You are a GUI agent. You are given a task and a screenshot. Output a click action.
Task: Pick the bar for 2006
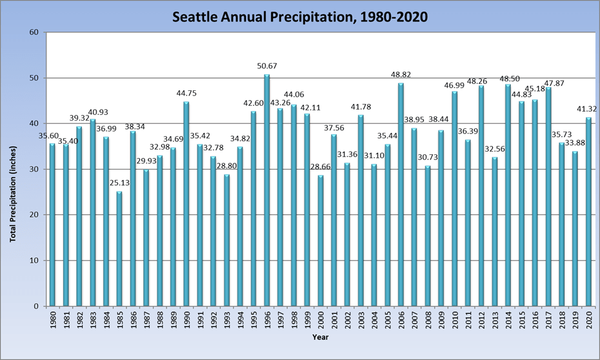pos(401,194)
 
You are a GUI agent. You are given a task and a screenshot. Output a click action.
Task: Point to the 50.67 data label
pos(266,66)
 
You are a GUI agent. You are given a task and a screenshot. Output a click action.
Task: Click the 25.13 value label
pos(119,183)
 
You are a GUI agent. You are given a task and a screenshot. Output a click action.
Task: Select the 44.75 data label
pos(186,94)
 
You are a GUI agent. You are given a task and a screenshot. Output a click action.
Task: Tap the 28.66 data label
pos(320,167)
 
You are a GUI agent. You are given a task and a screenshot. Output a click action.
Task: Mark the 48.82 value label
pos(401,75)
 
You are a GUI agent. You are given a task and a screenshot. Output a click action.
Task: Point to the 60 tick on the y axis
pos(34,32)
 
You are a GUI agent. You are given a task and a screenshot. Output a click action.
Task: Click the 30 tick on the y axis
pos(34,169)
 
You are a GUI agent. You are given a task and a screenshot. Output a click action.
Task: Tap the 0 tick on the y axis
pos(37,306)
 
